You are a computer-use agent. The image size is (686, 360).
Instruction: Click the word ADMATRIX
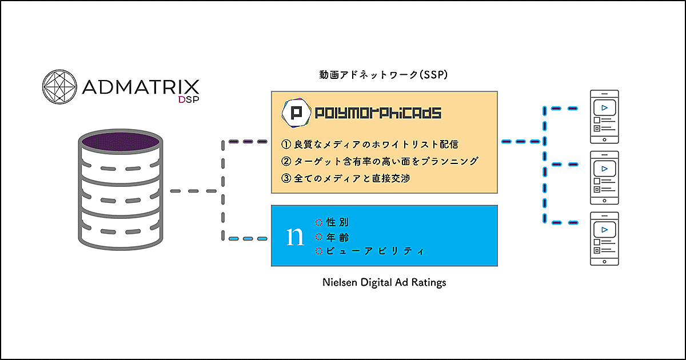(x=141, y=87)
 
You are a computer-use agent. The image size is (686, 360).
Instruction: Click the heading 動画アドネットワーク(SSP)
(x=382, y=75)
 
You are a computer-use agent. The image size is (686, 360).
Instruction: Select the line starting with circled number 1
(x=369, y=145)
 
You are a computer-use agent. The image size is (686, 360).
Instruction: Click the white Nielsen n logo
(x=295, y=236)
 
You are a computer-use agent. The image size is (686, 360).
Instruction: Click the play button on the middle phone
(x=604, y=169)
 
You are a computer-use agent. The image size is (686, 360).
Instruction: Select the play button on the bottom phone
(x=604, y=229)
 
